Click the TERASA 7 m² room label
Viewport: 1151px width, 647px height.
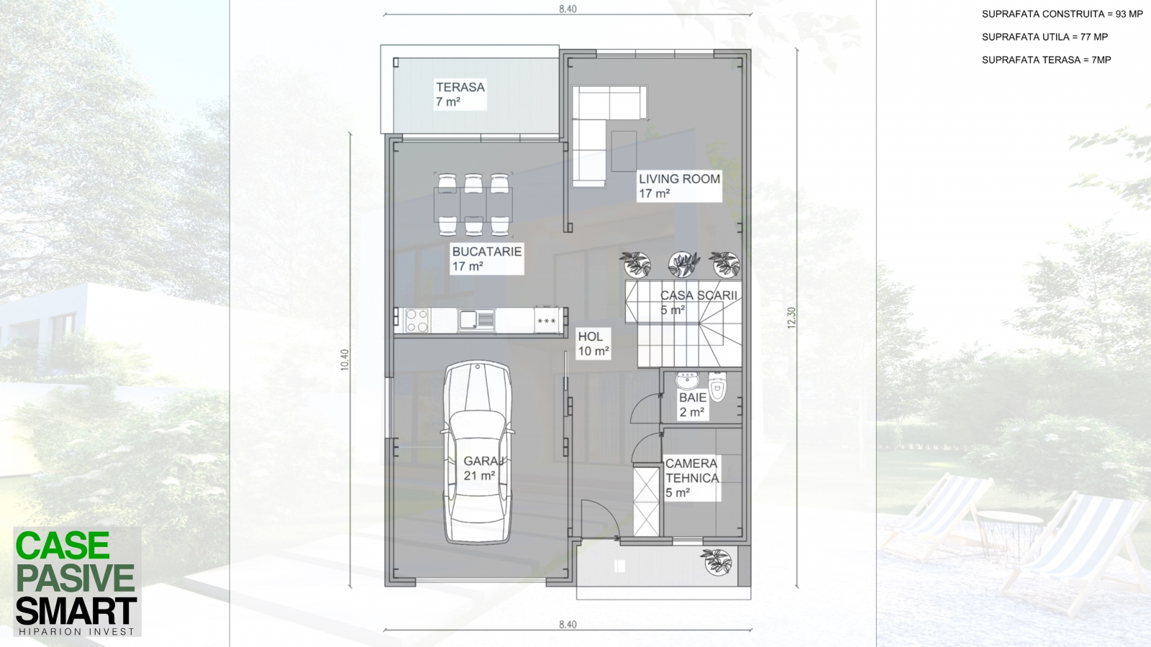460,94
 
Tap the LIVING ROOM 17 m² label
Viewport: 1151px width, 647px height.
679,186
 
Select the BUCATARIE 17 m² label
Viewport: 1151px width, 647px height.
486,259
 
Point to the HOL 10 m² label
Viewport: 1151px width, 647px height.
593,344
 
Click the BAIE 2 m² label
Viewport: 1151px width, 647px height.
693,405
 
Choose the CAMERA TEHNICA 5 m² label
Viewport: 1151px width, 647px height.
691,478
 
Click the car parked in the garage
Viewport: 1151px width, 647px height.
478,452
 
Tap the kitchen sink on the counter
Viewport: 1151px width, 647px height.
476,320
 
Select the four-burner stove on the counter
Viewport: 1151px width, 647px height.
417,321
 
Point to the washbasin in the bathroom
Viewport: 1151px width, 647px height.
687,381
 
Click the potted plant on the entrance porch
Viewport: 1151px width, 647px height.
717,561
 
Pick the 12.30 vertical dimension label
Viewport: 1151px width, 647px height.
791,318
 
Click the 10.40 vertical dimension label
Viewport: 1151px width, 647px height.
345,359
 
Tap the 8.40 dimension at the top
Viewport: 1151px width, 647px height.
568,9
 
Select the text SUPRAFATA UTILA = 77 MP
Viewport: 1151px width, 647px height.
1045,37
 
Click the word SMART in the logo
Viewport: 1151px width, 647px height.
76,611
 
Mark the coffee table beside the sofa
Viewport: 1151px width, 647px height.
624,151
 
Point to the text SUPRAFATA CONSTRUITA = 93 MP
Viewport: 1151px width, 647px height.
1062,14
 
